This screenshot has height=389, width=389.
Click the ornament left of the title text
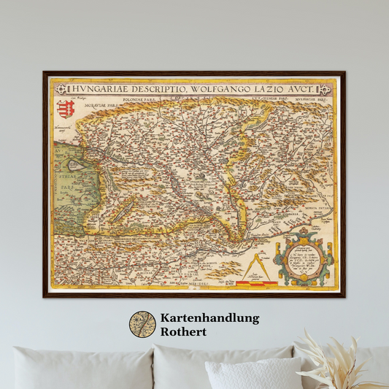click(x=71, y=89)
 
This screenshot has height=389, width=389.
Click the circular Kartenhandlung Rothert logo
click(x=142, y=325)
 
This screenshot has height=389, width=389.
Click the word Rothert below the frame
click(x=186, y=332)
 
